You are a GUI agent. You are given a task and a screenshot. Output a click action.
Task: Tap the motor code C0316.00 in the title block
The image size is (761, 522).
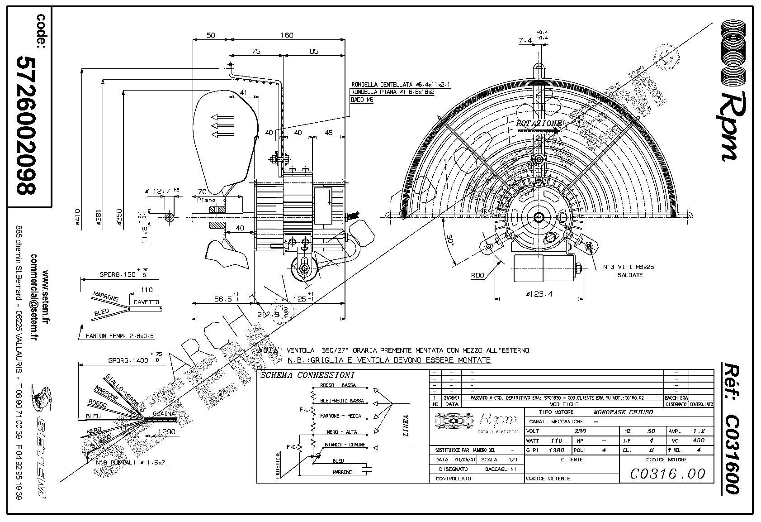coord(667,474)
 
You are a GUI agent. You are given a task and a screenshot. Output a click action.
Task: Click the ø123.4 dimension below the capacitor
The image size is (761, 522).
coord(539,294)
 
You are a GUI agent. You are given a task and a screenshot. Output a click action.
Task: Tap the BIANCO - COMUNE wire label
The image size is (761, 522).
coord(345,445)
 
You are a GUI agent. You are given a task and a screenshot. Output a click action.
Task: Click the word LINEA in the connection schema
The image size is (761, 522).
coord(406,426)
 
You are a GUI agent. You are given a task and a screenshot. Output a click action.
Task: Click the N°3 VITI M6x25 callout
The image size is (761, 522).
coord(629,267)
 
